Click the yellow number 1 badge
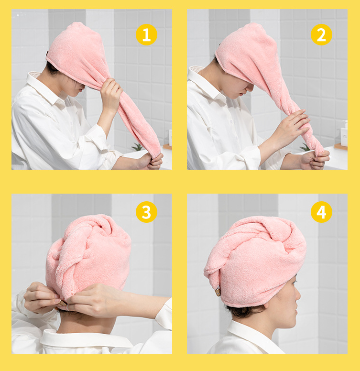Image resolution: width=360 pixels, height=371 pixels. (146, 34)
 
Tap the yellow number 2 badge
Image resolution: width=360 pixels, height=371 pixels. (321, 34)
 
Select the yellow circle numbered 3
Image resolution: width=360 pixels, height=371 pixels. (146, 212)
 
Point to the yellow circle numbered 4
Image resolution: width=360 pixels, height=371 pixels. (321, 212)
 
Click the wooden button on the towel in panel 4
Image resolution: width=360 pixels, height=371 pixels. (218, 291)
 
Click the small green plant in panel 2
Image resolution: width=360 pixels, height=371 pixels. (305, 147)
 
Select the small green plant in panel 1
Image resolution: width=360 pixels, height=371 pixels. (137, 147)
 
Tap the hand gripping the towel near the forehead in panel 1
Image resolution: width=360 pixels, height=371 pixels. (111, 95)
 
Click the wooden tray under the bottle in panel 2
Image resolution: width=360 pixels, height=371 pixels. (340, 147)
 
